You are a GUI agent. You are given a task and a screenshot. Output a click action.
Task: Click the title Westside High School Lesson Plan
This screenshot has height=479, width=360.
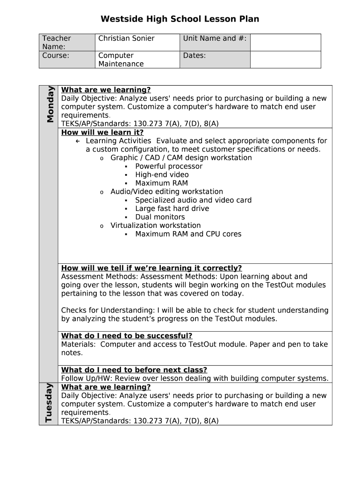180,19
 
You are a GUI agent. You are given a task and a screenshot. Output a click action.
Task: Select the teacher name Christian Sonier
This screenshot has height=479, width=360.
126,38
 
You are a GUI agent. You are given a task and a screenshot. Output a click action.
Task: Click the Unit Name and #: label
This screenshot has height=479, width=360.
215,38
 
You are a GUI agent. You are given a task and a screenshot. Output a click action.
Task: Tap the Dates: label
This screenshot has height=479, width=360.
194,55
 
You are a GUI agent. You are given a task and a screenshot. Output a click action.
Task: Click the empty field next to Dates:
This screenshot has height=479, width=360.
285,59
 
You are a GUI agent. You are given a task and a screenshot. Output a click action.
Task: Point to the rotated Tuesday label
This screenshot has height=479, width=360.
49,402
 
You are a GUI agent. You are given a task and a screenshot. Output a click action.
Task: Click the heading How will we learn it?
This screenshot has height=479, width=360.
102,132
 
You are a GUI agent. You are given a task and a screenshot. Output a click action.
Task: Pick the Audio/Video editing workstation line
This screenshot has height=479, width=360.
166,191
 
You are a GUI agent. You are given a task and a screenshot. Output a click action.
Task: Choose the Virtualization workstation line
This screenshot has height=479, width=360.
155,225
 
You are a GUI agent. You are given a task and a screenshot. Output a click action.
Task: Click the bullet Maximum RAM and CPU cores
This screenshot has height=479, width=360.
188,234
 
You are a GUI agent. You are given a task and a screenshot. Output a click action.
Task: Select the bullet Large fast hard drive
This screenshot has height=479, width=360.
172,209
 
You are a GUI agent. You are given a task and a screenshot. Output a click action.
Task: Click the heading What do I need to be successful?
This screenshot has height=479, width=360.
127,336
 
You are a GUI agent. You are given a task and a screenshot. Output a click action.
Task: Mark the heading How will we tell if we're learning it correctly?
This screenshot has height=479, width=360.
151,268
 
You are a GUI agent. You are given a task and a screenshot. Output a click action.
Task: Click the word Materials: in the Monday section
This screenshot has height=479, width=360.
79,344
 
